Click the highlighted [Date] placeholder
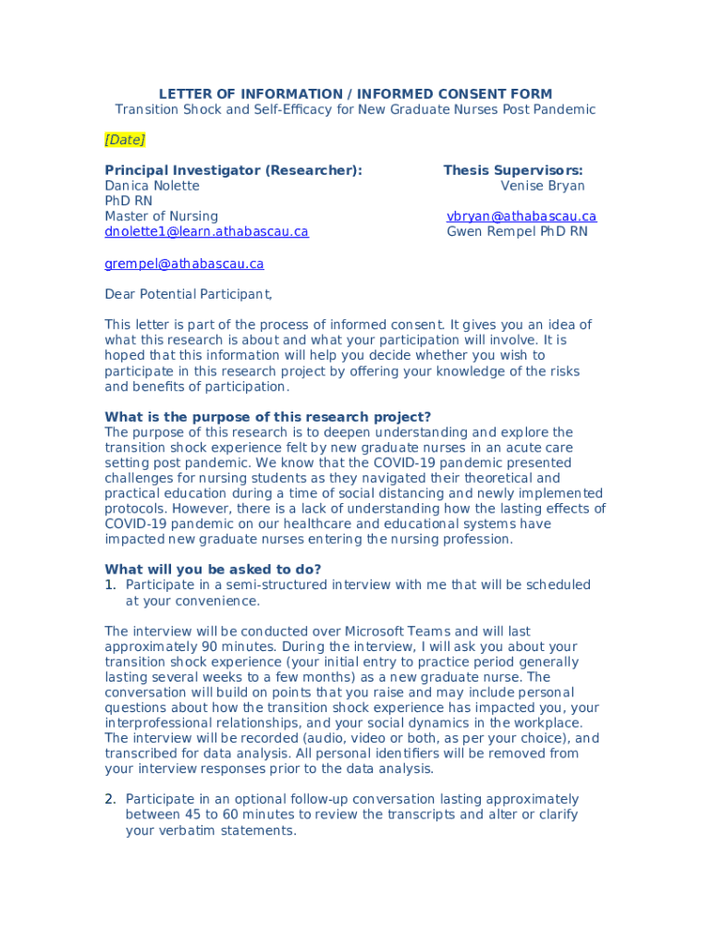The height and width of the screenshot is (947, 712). (x=125, y=140)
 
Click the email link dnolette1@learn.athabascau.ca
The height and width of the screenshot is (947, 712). (x=206, y=231)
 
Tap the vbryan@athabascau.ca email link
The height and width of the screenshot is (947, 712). (x=522, y=216)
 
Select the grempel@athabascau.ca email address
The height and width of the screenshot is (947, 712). (x=184, y=264)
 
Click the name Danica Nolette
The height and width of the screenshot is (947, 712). (x=152, y=186)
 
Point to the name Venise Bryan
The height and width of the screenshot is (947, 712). (x=543, y=186)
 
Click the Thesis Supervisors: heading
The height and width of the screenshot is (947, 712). (x=513, y=170)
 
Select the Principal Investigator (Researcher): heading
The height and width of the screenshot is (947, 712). (x=233, y=170)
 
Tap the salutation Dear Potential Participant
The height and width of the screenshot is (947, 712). (x=189, y=294)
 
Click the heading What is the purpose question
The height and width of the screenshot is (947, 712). (x=267, y=417)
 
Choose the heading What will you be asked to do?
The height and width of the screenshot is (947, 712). (x=213, y=569)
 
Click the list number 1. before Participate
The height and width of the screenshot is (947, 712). (x=110, y=584)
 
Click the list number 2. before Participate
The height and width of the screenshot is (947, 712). (x=110, y=799)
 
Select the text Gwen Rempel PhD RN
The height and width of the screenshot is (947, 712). (x=517, y=231)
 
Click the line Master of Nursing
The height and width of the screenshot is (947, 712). (x=161, y=216)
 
